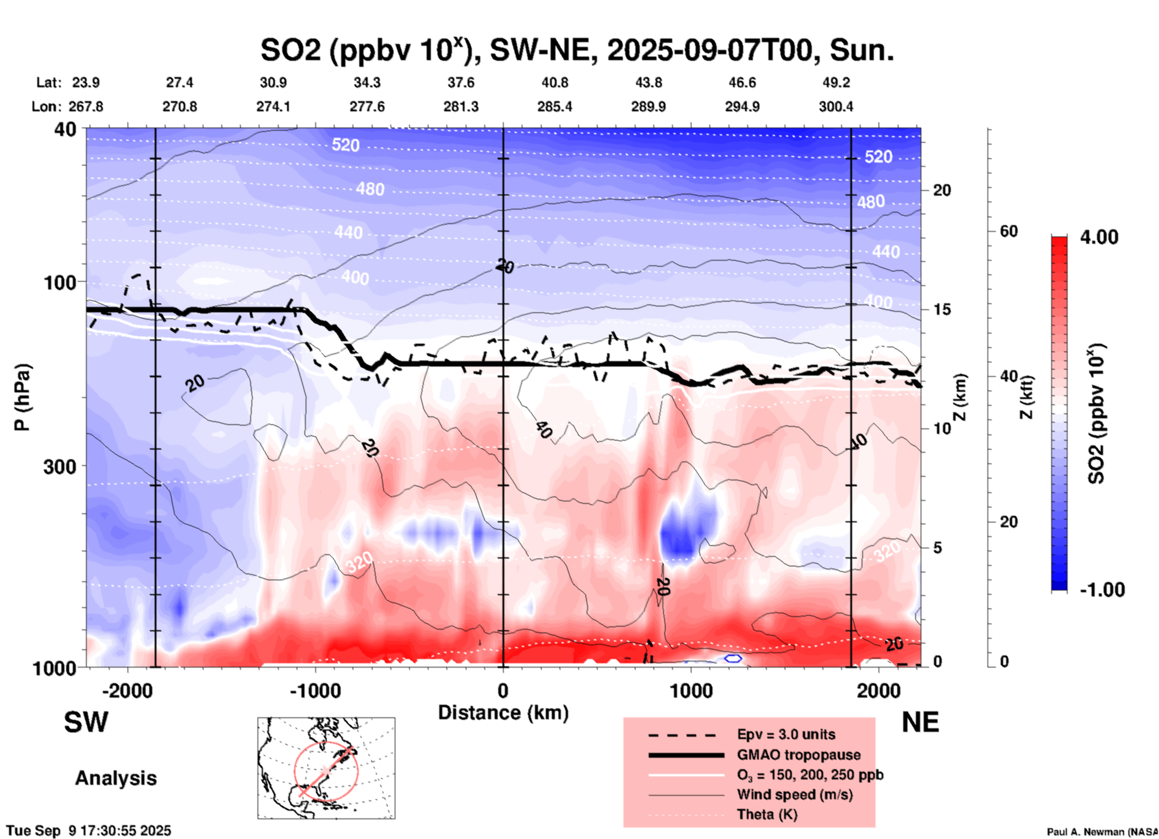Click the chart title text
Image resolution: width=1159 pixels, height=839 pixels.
point(576,50)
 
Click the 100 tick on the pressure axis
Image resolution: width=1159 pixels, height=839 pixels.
point(63,282)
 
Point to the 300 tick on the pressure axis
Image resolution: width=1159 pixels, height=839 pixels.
point(63,466)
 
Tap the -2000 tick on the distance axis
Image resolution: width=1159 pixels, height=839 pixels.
point(127,690)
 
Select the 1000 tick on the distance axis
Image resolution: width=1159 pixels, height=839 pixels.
point(691,690)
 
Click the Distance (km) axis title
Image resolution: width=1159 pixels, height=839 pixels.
point(503,713)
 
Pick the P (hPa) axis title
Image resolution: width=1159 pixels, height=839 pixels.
point(22,397)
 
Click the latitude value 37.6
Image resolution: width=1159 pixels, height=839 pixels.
point(461,82)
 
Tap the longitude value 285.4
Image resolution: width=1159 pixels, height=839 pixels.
point(554,107)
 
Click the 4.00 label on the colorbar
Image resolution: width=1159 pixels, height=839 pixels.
point(1099,237)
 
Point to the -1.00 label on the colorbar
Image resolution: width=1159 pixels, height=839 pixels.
point(1101,589)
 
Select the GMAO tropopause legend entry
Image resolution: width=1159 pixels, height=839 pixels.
point(799,755)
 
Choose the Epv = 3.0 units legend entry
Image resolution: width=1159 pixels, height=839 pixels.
point(786,734)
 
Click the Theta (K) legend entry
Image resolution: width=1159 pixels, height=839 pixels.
point(767,814)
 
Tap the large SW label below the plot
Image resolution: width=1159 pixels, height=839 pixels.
point(86,722)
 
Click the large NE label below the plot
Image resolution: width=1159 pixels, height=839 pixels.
point(920,722)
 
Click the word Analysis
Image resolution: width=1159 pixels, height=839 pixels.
point(116,778)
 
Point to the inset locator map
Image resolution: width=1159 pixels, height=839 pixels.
point(326,768)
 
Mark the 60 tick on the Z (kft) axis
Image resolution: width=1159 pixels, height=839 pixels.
point(1009,231)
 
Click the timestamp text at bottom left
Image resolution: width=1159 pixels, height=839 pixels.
point(88,831)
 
